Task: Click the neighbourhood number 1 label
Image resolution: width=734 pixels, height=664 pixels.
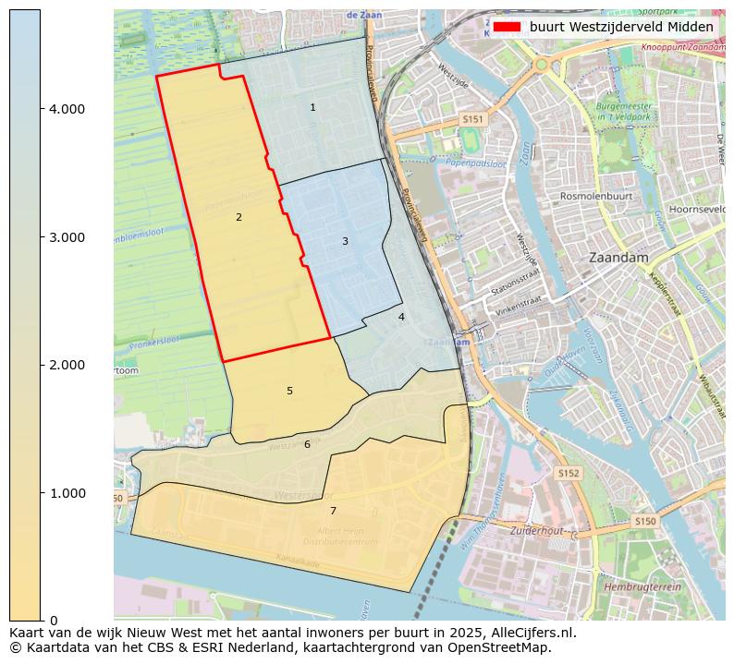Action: click(312, 108)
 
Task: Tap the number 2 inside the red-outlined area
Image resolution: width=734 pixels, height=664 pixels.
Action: click(239, 218)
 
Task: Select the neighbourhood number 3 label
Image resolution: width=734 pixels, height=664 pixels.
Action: click(345, 242)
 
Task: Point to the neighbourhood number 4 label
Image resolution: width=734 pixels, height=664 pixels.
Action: click(401, 318)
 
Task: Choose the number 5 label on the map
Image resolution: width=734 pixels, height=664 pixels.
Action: click(289, 392)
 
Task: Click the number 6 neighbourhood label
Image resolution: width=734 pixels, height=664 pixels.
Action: click(307, 445)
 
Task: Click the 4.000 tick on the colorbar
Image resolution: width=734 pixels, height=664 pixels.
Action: click(67, 109)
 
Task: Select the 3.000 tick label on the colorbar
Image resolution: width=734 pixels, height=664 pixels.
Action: click(67, 237)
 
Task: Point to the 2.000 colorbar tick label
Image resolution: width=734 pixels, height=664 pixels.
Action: click(67, 366)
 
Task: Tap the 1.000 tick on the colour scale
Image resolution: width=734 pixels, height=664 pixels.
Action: click(67, 493)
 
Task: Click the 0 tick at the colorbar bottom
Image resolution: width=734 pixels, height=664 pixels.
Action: click(54, 621)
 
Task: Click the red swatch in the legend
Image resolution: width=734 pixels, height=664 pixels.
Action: click(508, 28)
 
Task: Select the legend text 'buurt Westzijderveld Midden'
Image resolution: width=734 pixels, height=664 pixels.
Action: click(620, 28)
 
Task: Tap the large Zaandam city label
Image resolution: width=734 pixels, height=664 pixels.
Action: click(618, 258)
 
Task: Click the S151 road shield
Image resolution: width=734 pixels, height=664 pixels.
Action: click(473, 120)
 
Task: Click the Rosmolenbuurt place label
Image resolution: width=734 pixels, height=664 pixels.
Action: click(595, 197)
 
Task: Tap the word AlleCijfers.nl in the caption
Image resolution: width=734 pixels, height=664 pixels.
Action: click(530, 634)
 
